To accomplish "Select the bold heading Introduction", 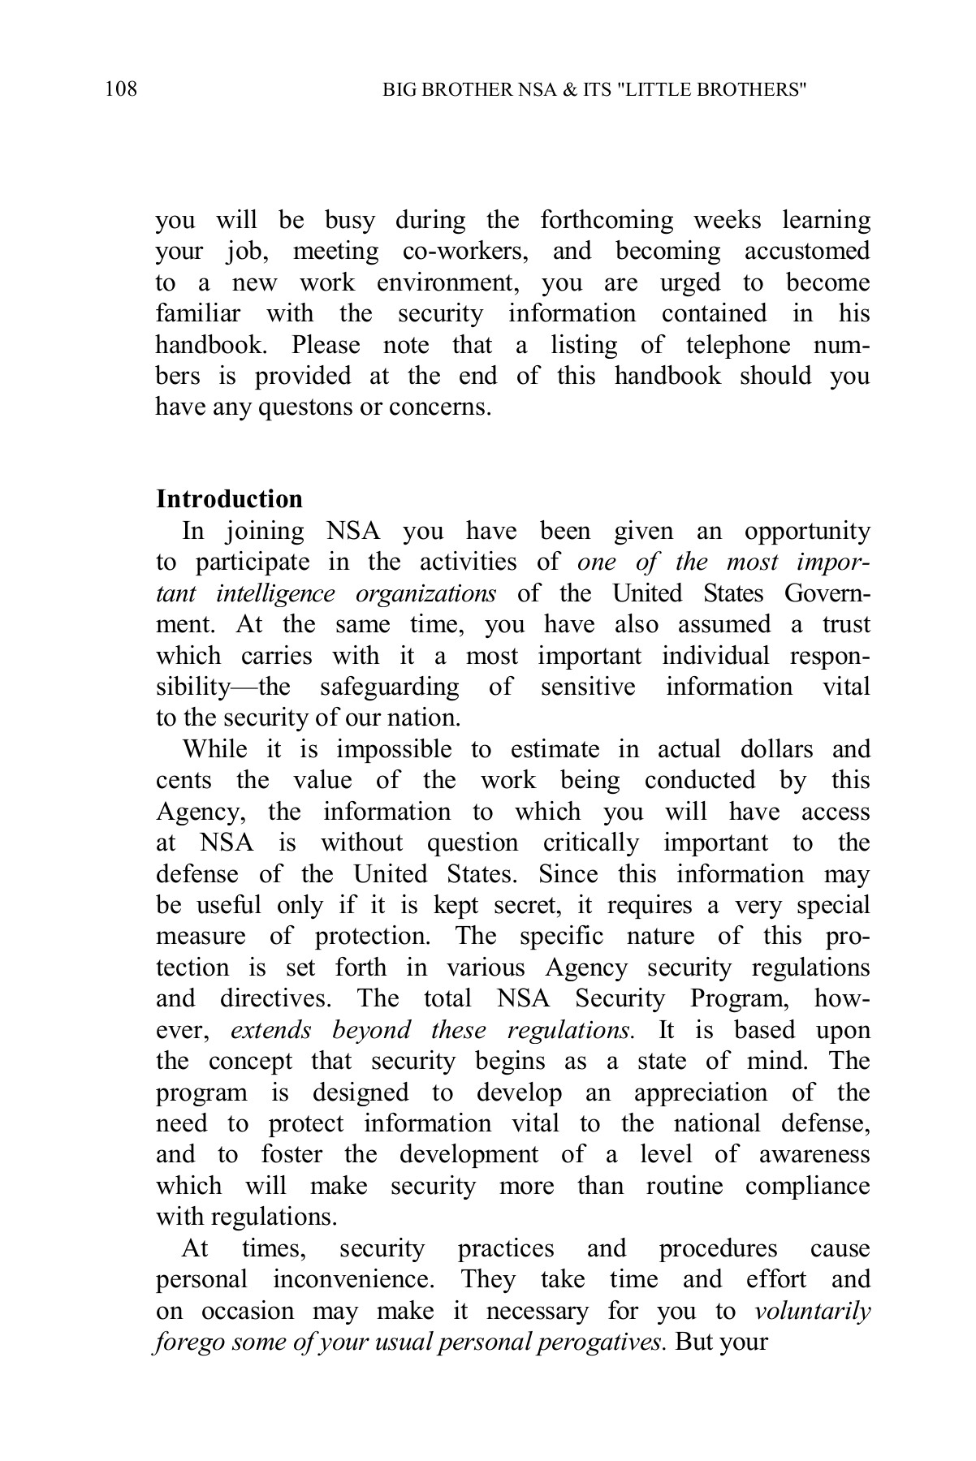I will point(229,498).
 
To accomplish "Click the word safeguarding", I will point(389,687).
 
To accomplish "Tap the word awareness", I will point(814,1154).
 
